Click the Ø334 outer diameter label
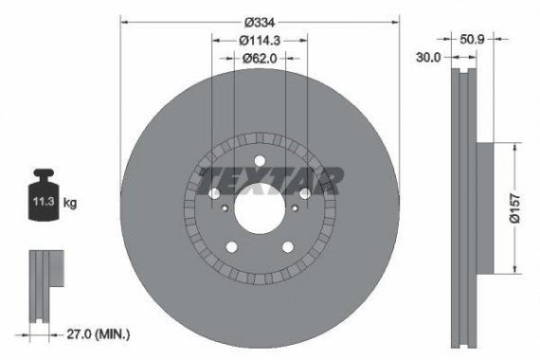point(259,22)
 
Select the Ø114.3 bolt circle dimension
point(259,40)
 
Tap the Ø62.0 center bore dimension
point(259,58)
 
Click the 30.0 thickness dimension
point(431,58)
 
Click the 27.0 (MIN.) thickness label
point(99,333)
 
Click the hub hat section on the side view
point(483,206)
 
